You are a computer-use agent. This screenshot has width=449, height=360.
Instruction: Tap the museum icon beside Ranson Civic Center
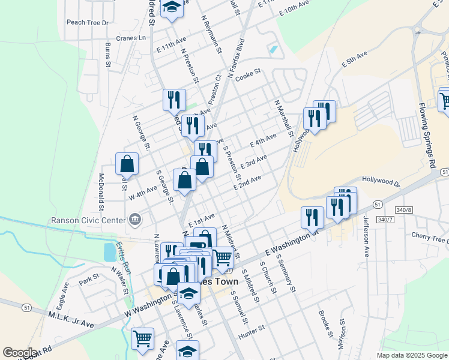tap(134, 219)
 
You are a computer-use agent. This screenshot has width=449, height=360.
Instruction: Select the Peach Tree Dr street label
tap(88, 23)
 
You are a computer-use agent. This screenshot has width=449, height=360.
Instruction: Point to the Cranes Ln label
tap(131, 38)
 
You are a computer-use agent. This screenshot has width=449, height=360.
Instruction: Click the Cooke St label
tap(248, 75)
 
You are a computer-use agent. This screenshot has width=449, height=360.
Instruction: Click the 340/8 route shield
tap(405, 210)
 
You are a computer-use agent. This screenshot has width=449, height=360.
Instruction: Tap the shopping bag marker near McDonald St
tap(127, 164)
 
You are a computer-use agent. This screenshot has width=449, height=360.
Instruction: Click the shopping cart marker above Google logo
tap(142, 339)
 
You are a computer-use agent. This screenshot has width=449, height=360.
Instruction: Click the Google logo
tap(20, 353)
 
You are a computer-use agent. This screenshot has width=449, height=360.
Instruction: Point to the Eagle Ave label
tap(62, 292)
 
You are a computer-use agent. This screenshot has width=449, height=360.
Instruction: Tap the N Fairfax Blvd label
tap(236, 58)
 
